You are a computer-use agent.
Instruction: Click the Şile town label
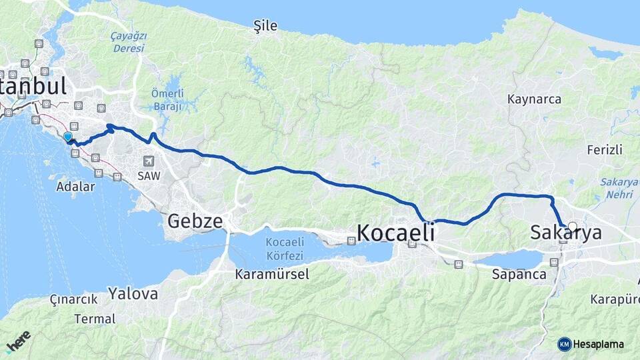[265, 26]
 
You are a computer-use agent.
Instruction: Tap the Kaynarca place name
[534, 99]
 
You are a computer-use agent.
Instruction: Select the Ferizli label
[605, 149]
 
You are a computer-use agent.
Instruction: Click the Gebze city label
[195, 221]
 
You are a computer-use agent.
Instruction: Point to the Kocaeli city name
[396, 233]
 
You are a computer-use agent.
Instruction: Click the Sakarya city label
[565, 233]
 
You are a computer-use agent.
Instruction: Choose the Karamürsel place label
[272, 274]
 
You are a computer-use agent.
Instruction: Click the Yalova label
[133, 293]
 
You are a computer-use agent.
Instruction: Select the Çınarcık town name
[73, 299]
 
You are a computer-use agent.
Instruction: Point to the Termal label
[95, 319]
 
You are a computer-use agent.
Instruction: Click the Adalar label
[75, 187]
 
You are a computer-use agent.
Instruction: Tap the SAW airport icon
[147, 161]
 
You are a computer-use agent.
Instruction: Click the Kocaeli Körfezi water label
[284, 249]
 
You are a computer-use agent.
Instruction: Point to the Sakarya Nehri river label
[619, 188]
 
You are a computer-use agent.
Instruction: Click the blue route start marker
[67, 137]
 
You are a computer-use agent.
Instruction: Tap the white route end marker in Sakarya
[572, 227]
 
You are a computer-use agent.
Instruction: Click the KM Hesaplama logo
[591, 344]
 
